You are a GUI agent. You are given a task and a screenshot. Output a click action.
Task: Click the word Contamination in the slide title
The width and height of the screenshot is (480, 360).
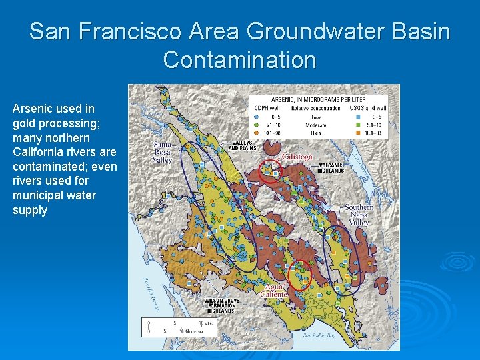pos(239,60)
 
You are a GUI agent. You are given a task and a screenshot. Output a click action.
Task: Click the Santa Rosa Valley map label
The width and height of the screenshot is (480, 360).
pos(163,152)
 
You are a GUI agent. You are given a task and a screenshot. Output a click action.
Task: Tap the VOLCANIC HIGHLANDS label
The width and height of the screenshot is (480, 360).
pos(331,167)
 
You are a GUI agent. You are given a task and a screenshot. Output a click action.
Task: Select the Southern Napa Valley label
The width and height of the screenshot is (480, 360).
pos(359,215)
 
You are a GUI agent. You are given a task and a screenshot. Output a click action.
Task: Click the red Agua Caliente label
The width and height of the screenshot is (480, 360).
pos(275,291)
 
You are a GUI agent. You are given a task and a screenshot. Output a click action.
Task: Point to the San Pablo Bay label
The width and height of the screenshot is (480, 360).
pos(317,335)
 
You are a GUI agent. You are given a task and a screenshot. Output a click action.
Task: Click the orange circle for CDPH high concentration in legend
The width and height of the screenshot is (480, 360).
pos(256,132)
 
